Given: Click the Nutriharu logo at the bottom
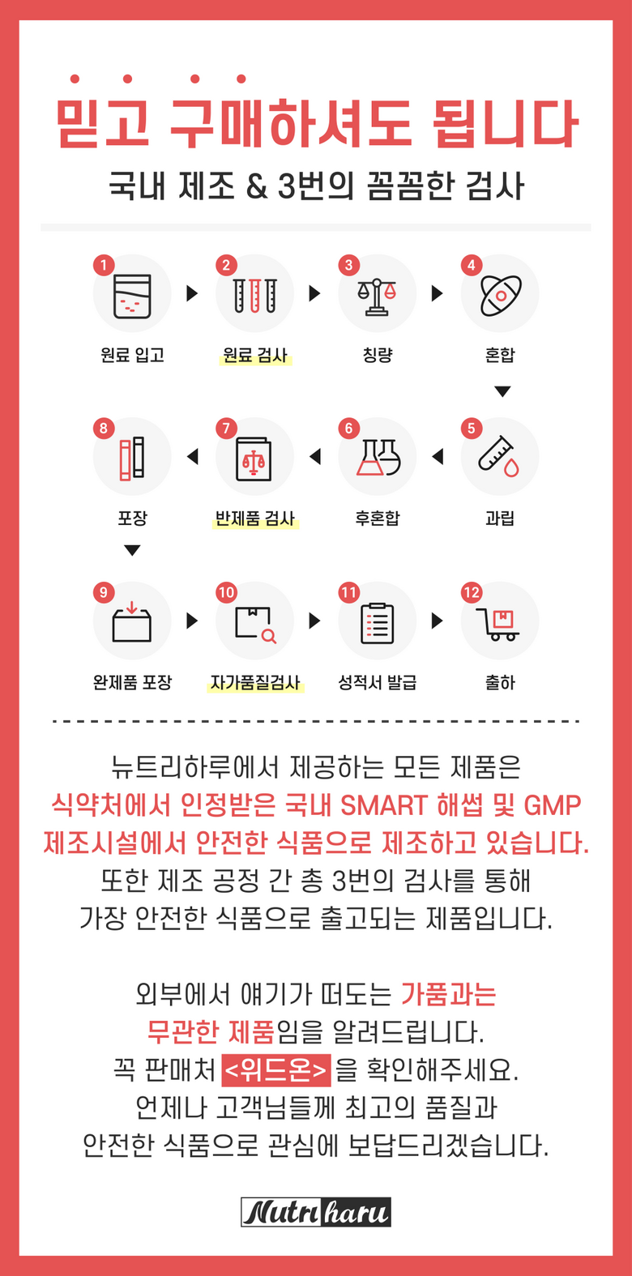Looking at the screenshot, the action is tap(316, 1212).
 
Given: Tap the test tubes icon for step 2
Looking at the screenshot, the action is tap(254, 296).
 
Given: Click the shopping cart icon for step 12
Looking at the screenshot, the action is tap(498, 625).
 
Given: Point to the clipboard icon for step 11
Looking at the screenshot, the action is tap(378, 623).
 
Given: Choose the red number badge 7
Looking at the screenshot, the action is tap(226, 429).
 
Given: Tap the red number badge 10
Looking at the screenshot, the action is tap(226, 592).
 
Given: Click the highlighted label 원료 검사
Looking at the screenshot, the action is tap(254, 356).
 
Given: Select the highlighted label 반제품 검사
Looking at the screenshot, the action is tap(254, 519).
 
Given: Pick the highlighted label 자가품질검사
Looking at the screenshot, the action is tap(254, 682).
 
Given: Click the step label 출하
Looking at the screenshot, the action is tap(500, 682).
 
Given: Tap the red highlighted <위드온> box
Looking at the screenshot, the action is tap(275, 1069).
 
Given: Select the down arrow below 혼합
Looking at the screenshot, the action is tap(502, 391).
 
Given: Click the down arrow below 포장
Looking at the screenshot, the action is tap(132, 550).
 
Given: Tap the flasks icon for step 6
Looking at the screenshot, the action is tap(378, 458).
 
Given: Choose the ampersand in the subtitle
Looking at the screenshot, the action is tap(257, 187).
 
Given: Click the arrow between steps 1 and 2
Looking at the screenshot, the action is tap(192, 293).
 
